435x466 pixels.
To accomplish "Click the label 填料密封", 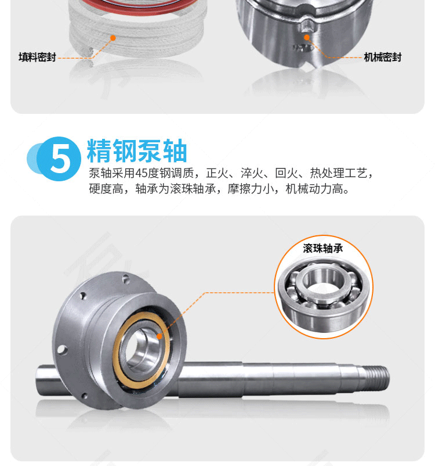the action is pos(37,57).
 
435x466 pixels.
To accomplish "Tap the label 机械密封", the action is pos(382,57).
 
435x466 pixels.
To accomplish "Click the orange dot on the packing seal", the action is pos(113,38).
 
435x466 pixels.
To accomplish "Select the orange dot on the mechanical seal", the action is pos(307,37).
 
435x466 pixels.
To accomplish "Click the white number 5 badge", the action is pos(61,158).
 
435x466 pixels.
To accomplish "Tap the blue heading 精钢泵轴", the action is pos(137,150).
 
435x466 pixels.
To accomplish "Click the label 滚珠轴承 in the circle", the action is pos(323,249).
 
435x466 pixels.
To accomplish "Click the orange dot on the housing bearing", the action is pos(159,336).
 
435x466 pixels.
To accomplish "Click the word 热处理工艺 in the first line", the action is pos(338,173).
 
